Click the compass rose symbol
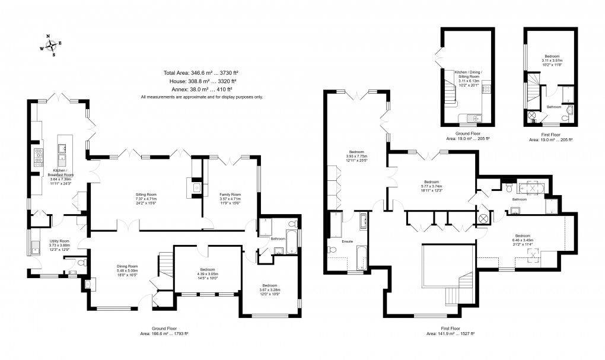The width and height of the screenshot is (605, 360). pyautogui.click(x=53, y=46)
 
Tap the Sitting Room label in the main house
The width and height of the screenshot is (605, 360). pyautogui.click(x=147, y=194)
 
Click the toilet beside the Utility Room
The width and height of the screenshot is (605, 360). pyautogui.click(x=84, y=263)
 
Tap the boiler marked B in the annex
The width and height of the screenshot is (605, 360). pyautogui.click(x=534, y=121)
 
